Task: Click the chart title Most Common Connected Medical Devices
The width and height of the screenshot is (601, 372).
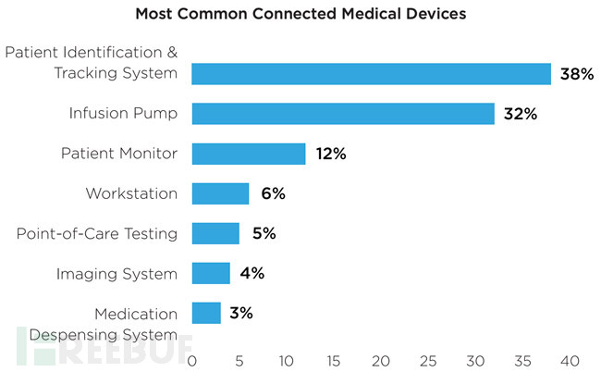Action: [x=300, y=15]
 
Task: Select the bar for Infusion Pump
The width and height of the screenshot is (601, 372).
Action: [x=343, y=114]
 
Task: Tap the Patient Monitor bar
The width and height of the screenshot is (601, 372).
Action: [x=249, y=154]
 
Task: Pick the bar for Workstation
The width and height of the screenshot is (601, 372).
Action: [x=220, y=193]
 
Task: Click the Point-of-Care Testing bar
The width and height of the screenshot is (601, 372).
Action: [x=215, y=233]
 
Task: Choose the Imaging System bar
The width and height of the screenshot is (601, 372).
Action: [x=211, y=273]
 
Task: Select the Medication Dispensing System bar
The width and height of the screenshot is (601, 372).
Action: [x=206, y=313]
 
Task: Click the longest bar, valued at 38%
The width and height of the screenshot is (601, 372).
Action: [x=371, y=74]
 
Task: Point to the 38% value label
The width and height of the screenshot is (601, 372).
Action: [x=576, y=74]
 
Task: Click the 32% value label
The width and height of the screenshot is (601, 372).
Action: [x=520, y=114]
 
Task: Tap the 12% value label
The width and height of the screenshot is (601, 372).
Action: [x=329, y=154]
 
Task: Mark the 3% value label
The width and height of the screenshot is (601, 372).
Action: [x=241, y=313]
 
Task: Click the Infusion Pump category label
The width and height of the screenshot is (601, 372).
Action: [x=123, y=114]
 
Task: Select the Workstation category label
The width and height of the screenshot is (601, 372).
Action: [x=131, y=193]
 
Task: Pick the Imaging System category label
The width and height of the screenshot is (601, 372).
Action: [x=117, y=273]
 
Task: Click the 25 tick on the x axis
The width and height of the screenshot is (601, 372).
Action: [x=428, y=359]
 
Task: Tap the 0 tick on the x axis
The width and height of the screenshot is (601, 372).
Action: [x=192, y=359]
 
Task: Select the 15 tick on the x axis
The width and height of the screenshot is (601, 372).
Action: [x=334, y=359]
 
